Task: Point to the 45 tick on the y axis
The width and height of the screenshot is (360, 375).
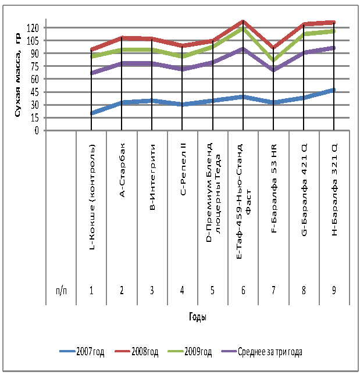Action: click(x=34, y=92)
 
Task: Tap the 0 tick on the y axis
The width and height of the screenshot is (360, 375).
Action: click(x=36, y=130)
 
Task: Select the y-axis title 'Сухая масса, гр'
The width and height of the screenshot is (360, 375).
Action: click(x=17, y=76)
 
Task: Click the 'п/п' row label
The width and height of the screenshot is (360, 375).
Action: click(x=61, y=291)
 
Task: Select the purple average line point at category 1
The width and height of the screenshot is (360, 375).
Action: click(x=92, y=73)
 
